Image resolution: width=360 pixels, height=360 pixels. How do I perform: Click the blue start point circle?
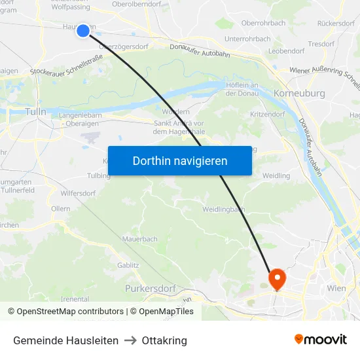(83, 31)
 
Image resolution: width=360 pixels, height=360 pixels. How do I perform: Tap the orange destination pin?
(277, 279)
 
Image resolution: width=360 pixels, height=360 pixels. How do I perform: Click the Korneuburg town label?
(298, 94)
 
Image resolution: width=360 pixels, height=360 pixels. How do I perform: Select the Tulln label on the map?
(35, 112)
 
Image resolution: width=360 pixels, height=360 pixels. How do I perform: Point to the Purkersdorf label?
(151, 288)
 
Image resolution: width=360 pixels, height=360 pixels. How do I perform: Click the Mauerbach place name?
(139, 240)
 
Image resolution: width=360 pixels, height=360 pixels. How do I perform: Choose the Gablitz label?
(128, 265)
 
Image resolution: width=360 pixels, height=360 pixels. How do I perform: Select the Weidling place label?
(276, 176)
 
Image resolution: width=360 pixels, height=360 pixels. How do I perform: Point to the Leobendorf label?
(286, 50)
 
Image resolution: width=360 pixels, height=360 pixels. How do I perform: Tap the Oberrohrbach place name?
(263, 23)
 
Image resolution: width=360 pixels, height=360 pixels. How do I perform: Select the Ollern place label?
(60, 209)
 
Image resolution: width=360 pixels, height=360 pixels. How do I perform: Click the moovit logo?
(320, 340)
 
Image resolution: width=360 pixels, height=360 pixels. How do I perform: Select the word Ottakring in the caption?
(164, 340)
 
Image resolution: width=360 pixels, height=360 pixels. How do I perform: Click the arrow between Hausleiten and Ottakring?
(130, 340)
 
